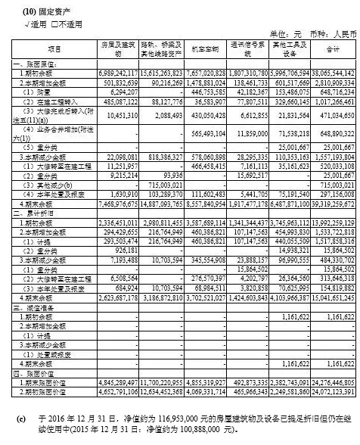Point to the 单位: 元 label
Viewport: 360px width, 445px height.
(286, 34)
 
